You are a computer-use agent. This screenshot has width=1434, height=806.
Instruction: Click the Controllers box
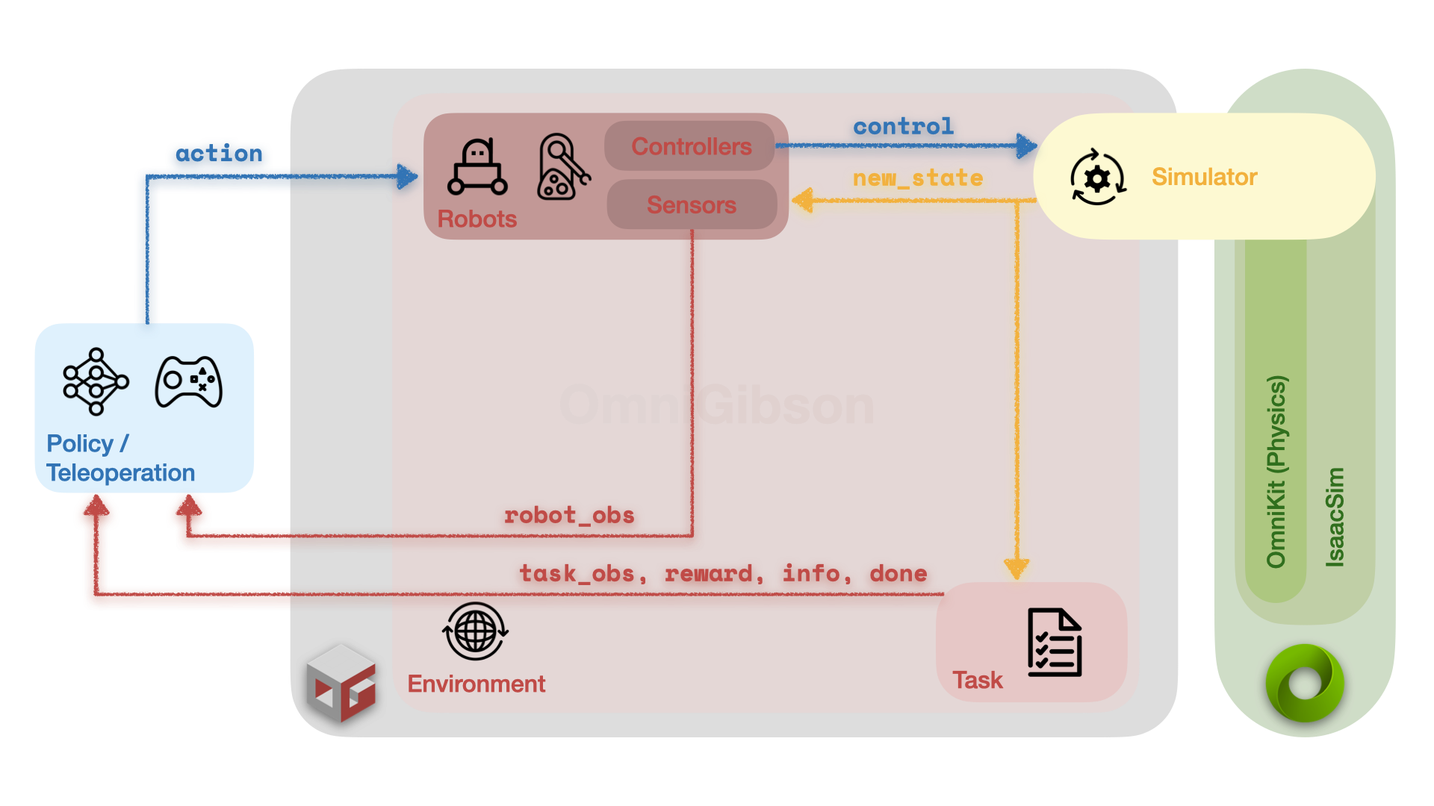[691, 146]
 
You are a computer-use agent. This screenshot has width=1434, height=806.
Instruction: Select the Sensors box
[691, 204]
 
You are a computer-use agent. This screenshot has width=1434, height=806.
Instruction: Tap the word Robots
[477, 219]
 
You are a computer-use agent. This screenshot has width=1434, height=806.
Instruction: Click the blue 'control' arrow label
[903, 126]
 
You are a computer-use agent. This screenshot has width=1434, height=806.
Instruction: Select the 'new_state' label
[917, 178]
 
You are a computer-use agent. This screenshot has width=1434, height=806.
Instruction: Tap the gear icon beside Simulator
[1097, 178]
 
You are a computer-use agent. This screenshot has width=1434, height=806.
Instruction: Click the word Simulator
[1204, 177]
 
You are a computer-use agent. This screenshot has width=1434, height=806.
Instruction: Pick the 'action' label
[219, 154]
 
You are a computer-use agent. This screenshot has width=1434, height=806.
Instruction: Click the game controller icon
[188, 381]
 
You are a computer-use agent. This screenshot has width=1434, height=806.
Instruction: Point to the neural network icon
[96, 381]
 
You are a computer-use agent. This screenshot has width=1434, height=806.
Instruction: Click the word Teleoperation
[120, 473]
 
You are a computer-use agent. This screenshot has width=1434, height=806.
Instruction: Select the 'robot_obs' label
[569, 515]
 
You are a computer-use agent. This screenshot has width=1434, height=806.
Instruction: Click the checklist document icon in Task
[1054, 643]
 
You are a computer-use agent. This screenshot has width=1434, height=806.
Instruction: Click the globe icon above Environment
[475, 631]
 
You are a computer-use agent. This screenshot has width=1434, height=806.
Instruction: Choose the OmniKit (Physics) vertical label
[1276, 472]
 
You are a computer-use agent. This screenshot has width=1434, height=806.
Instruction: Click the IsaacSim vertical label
[1335, 516]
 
